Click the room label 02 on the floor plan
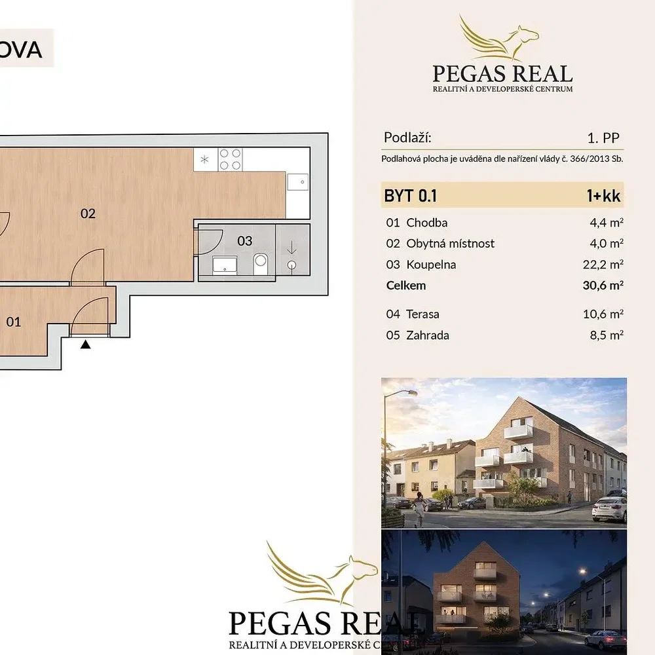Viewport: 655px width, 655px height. coord(88,214)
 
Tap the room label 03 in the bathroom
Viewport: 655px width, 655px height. coord(245,240)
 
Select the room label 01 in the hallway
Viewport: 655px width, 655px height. coord(13,322)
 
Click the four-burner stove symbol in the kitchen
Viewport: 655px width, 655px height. coord(230,159)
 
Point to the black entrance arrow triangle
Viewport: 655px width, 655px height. coord(86,345)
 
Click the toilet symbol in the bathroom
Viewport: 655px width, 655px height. coord(261,264)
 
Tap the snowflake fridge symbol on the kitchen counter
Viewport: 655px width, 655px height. coord(204,159)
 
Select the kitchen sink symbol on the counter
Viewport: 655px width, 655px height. coord(298,181)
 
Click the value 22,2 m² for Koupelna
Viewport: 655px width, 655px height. coord(603,265)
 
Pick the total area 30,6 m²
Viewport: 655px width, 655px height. coord(603,286)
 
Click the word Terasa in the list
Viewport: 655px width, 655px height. coord(422,314)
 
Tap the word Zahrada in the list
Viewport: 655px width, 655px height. coord(428,335)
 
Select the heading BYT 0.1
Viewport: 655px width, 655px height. coord(410,195)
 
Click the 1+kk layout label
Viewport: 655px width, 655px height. coord(604,195)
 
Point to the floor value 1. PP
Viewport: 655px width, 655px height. coord(603,138)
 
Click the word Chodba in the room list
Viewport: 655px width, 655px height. coord(427,223)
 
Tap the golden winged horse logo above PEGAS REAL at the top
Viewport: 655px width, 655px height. coord(499,38)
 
